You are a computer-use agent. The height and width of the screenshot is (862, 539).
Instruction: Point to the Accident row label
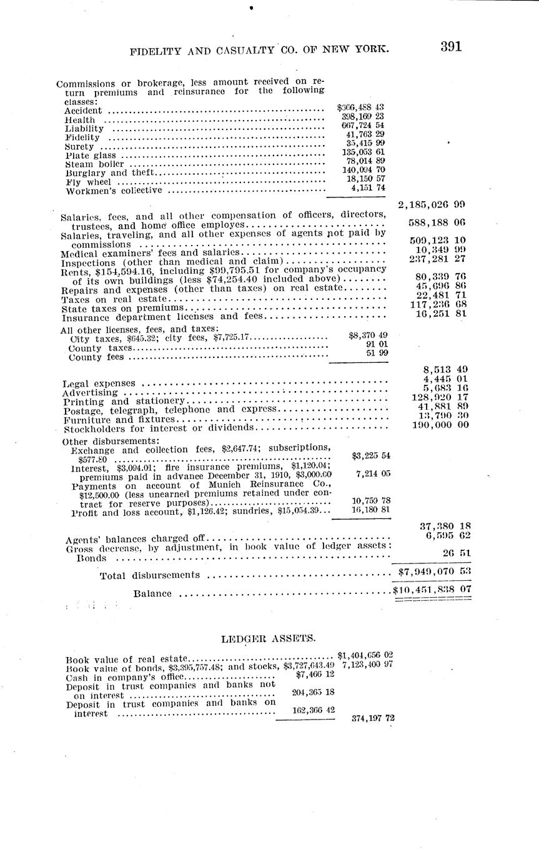82,111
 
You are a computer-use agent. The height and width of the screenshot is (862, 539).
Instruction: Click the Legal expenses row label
99,383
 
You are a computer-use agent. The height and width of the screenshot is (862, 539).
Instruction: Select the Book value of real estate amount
365,655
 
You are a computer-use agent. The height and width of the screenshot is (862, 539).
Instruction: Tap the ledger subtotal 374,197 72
373,718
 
